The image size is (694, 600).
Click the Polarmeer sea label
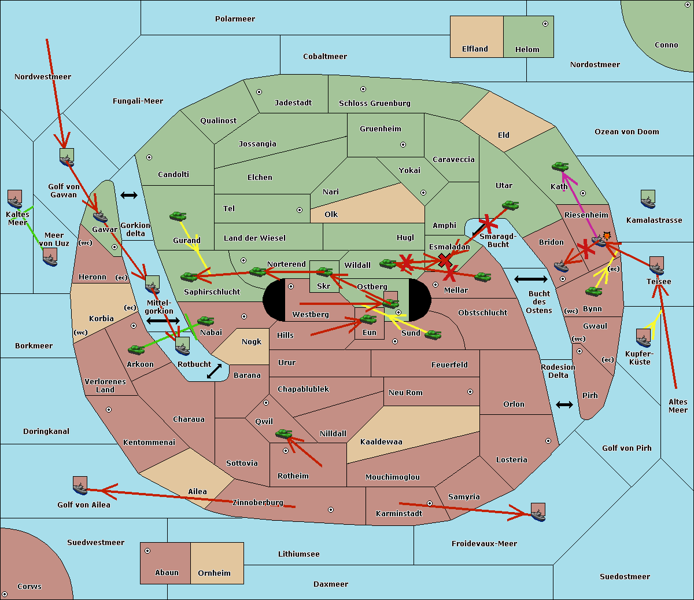pyautogui.click(x=235, y=19)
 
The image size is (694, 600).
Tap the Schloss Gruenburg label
pyautogui.click(x=375, y=103)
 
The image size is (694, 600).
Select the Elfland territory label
pyautogui.click(x=475, y=49)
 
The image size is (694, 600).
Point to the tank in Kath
pyautogui.click(x=560, y=166)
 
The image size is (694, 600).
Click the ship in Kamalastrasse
pyautogui.click(x=648, y=199)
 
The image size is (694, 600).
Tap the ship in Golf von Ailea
pyautogui.click(x=80, y=485)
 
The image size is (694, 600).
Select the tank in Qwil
pyautogui.click(x=284, y=433)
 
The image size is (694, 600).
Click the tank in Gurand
pyautogui.click(x=178, y=216)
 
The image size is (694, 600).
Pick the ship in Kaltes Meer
pyautogui.click(x=15, y=199)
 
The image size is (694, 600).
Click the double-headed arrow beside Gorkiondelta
pyautogui.click(x=129, y=195)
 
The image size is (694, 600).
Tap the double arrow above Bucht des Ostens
pyautogui.click(x=531, y=279)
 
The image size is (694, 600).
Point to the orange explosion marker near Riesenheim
pyautogui.click(x=607, y=236)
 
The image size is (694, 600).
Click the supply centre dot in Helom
pyautogui.click(x=545, y=24)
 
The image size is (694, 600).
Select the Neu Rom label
pyautogui.click(x=405, y=392)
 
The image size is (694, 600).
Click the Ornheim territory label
pyautogui.click(x=214, y=573)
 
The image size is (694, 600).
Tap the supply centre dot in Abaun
pyautogui.click(x=147, y=551)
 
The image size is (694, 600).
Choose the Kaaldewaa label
pyautogui.click(x=381, y=442)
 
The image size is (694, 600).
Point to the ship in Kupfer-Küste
pyautogui.click(x=643, y=338)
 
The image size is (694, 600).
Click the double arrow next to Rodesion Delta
pyautogui.click(x=564, y=405)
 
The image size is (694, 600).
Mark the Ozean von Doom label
pyautogui.click(x=627, y=132)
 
